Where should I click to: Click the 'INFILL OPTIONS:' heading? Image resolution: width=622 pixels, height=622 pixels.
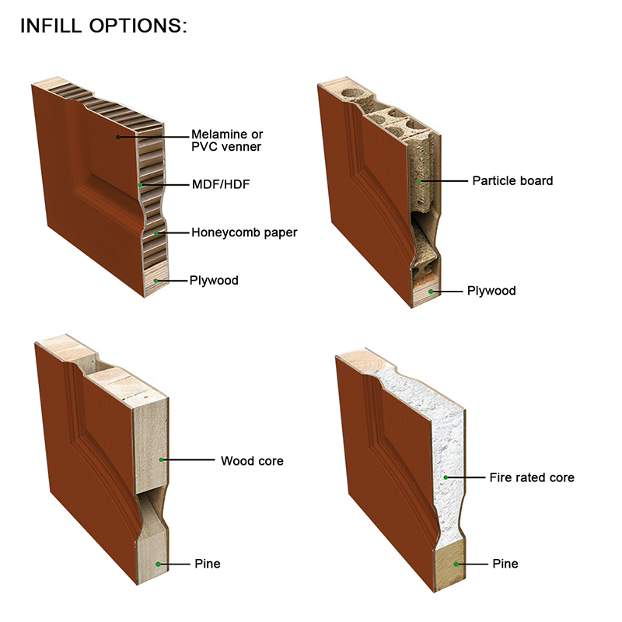click(103, 26)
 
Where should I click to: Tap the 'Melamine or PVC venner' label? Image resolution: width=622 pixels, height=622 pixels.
click(227, 141)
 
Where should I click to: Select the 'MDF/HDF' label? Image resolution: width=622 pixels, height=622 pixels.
click(221, 184)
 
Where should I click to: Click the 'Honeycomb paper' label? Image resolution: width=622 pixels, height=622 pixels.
click(244, 232)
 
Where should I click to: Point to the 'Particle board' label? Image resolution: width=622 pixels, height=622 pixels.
click(512, 181)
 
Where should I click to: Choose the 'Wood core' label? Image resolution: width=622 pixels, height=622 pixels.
click(252, 461)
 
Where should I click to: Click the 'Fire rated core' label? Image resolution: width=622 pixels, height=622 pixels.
click(532, 477)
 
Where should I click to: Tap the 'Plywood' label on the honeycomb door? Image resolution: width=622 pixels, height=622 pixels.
click(214, 281)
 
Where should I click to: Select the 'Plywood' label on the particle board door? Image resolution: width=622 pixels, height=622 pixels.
click(491, 291)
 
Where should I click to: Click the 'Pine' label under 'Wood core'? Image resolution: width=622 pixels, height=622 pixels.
click(208, 564)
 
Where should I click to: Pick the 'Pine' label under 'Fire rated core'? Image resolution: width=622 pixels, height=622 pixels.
click(505, 564)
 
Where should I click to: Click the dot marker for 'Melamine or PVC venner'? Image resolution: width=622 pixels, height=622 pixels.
click(118, 137)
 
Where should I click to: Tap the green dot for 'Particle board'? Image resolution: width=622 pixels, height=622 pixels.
click(419, 181)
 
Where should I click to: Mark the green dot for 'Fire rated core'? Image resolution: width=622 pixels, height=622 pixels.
click(446, 477)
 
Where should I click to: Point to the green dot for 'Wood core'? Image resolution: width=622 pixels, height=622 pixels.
click(161, 460)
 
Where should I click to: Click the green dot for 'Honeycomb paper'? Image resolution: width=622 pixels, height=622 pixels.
click(156, 232)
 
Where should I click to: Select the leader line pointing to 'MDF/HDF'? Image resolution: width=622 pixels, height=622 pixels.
click(165, 185)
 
